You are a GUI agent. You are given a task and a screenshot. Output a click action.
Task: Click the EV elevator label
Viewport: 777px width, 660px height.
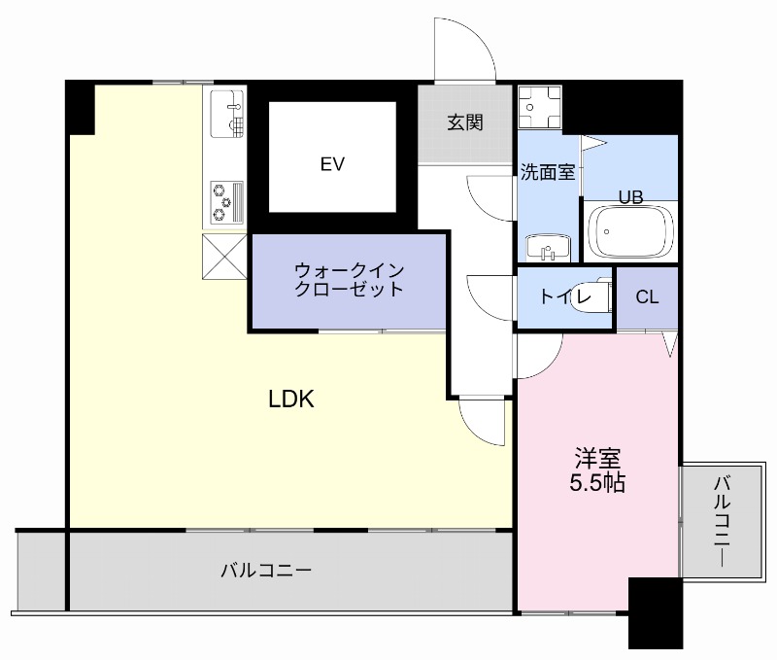332,164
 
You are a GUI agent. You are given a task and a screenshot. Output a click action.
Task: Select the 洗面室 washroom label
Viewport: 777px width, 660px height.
548,172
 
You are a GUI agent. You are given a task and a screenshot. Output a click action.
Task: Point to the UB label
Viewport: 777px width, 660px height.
631,195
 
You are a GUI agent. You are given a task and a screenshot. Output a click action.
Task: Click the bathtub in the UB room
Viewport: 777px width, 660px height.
630,231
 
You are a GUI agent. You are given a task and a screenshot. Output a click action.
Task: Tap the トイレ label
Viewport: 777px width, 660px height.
559,297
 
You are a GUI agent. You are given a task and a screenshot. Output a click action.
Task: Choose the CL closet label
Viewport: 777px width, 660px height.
647,297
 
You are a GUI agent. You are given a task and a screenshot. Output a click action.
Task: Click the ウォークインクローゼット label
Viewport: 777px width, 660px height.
348,280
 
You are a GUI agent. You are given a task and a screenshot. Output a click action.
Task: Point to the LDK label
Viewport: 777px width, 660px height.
291,399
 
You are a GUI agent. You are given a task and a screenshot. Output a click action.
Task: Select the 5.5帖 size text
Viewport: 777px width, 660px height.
596,482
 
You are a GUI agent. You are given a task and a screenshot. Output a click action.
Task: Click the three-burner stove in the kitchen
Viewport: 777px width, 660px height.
225,201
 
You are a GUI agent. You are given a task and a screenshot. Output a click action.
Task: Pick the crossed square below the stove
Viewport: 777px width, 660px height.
225,256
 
